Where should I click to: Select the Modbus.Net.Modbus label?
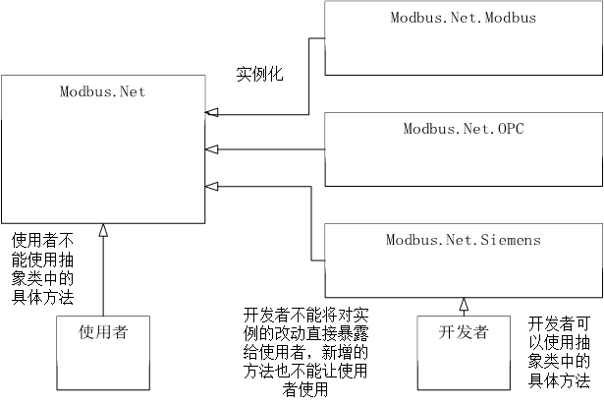pyautogui.click(x=464, y=18)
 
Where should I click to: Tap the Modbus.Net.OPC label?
pyautogui.click(x=464, y=129)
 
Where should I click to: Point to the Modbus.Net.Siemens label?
pyautogui.click(x=464, y=239)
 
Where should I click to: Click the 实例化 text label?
pyautogui.click(x=259, y=74)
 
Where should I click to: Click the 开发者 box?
pyautogui.click(x=464, y=353)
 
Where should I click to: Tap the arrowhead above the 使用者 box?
pyautogui.click(x=103, y=231)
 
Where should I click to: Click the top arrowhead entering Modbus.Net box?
pyautogui.click(x=211, y=113)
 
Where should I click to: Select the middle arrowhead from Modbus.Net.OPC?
pyautogui.click(x=211, y=149)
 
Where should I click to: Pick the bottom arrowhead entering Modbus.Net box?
pyautogui.click(x=211, y=186)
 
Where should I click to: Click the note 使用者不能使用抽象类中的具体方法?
pyautogui.click(x=43, y=267)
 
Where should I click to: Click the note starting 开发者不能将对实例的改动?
pyautogui.click(x=305, y=352)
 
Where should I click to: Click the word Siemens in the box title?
pyautogui.click(x=513, y=239)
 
